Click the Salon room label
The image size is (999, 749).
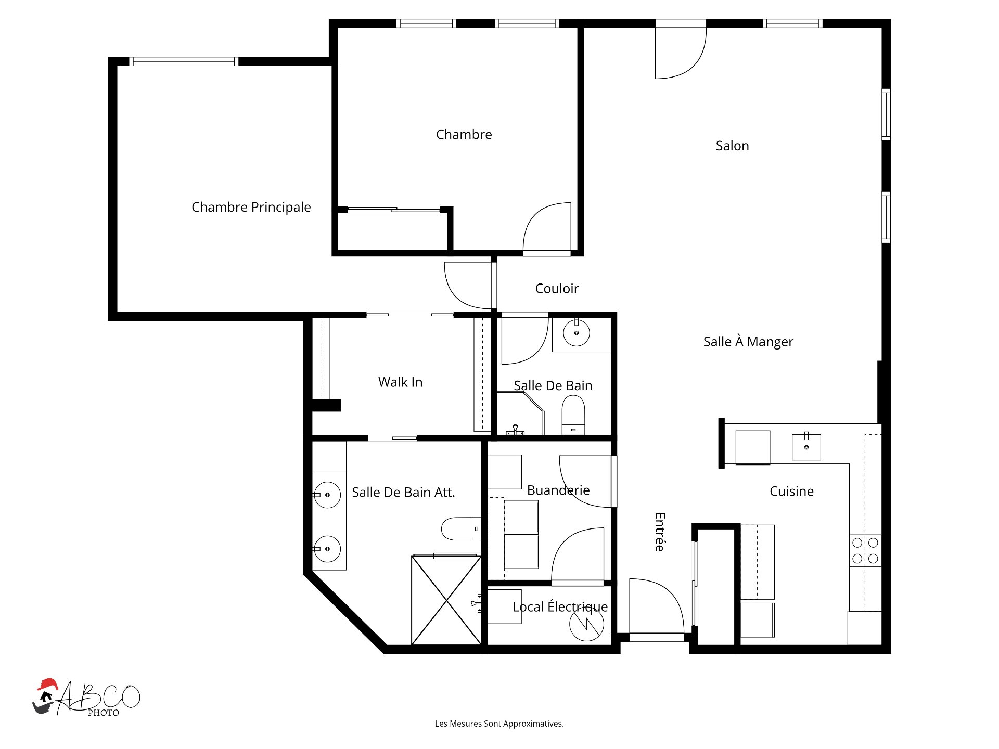pos(732,146)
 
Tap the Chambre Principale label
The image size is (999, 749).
pos(251,207)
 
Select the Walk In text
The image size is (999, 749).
pos(400,382)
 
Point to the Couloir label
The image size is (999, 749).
pos(557,289)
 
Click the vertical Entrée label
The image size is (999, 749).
pos(660,532)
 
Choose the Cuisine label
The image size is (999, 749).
pos(791,491)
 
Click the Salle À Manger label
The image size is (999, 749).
pos(748,342)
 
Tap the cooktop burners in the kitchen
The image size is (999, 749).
pos(865,551)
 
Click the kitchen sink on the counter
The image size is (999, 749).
pos(806,447)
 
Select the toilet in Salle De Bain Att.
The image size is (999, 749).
pos(461,528)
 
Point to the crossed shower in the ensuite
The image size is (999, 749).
pos(446,600)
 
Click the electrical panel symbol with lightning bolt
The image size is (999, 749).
pos(586,624)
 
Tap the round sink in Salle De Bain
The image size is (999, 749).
pos(577,333)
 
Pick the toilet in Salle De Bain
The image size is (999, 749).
pos(573,415)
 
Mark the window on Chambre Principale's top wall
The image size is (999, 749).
pos(184,61)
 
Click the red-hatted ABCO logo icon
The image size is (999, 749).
pos(45,696)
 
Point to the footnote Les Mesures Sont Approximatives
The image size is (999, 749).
pos(499,724)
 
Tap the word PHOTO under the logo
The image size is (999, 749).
pos(104,713)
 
